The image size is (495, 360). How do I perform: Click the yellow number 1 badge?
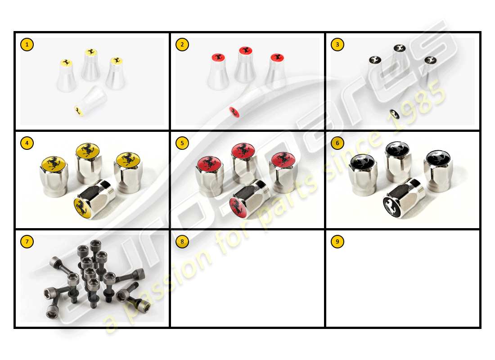click(x=27, y=45)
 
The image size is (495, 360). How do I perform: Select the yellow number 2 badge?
click(x=182, y=45)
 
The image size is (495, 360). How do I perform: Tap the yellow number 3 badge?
click(x=337, y=45)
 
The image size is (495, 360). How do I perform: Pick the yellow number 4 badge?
click(x=27, y=143)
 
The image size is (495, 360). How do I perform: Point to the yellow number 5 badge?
click(x=182, y=143)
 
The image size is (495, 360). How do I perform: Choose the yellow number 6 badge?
click(x=337, y=143)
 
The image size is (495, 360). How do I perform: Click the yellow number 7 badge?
click(x=27, y=242)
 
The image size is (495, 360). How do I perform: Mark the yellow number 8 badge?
click(x=182, y=242)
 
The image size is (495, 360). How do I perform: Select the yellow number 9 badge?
click(x=337, y=242)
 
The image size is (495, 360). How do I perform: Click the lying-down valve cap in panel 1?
click(x=90, y=103)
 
